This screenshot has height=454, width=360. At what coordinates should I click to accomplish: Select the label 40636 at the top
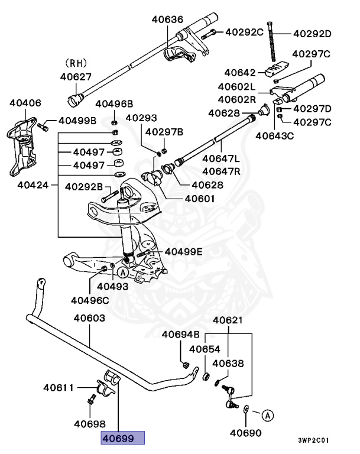pyautogui.click(x=167, y=19)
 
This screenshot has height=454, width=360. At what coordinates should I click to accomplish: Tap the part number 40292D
pyautogui.click(x=312, y=33)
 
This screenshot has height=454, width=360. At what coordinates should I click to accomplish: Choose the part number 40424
pyautogui.click(x=33, y=184)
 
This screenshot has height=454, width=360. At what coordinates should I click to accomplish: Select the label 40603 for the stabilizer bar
pyautogui.click(x=89, y=318)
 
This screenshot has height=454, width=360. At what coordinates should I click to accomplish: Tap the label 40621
pyautogui.click(x=228, y=321)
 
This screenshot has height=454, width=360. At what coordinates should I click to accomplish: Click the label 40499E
pyautogui.click(x=183, y=252)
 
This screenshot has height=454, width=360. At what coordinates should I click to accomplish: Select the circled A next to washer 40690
pyautogui.click(x=267, y=416)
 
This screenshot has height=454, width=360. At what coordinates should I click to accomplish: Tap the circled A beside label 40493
pyautogui.click(x=122, y=273)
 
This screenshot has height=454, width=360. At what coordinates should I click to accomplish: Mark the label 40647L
pyautogui.click(x=221, y=158)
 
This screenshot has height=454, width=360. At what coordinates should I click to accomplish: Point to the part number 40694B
pyautogui.click(x=181, y=335)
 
